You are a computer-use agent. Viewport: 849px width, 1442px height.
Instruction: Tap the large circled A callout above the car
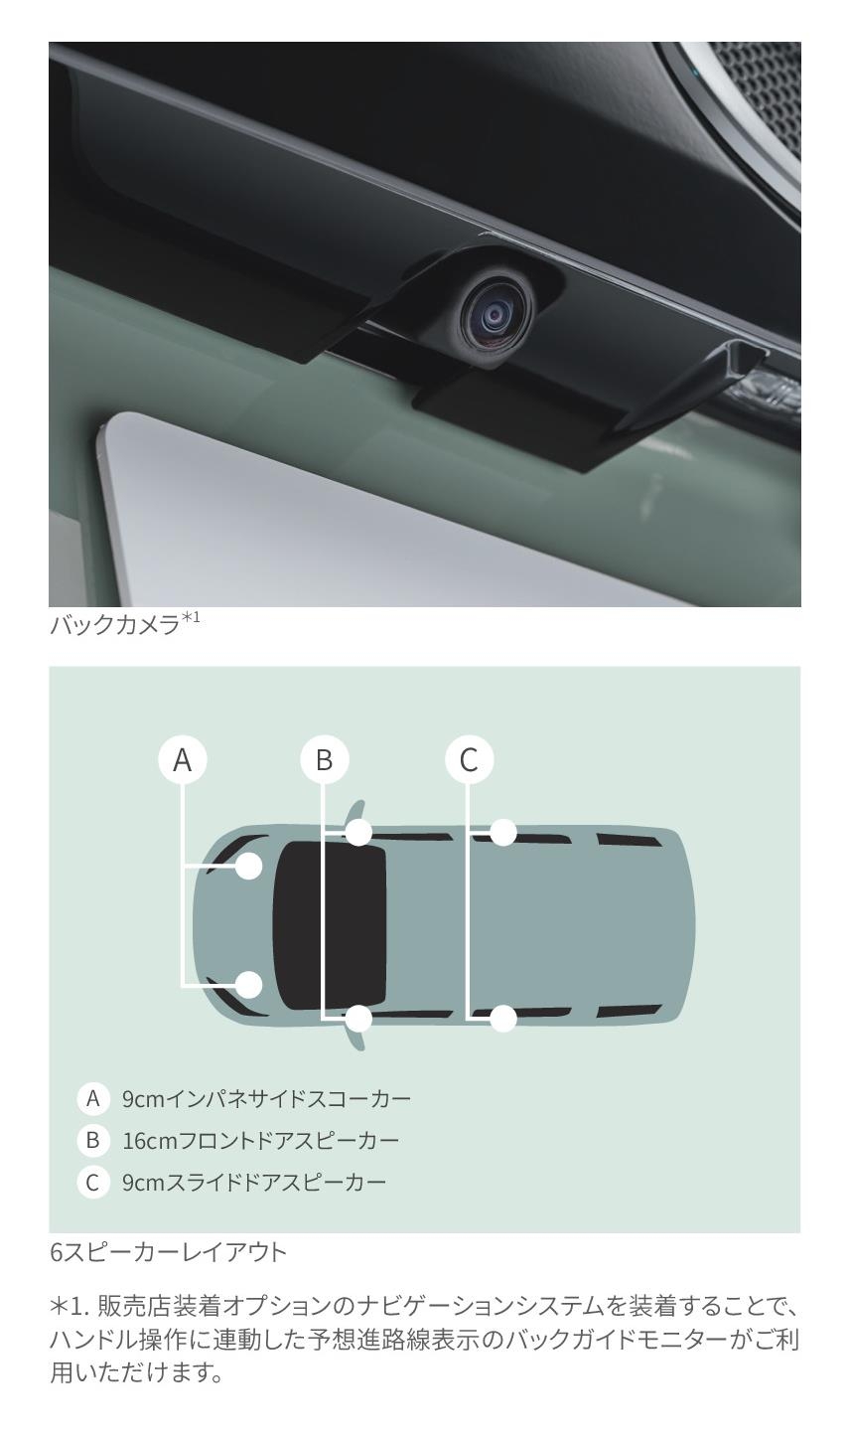pos(183,759)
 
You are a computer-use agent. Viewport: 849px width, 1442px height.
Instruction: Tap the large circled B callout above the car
pos(324,759)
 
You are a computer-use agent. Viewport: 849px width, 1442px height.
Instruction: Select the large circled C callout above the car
pos(469,759)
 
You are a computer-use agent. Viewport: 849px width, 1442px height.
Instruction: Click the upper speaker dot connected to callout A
pos(249,866)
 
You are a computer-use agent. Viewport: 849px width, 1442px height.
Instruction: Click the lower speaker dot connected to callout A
pos(249,985)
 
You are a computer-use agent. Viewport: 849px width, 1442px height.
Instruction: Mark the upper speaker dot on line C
pos(503,833)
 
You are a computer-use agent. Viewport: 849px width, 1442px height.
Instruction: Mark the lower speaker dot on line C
pos(503,1019)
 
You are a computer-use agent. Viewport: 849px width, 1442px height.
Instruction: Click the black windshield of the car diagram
pos(330,925)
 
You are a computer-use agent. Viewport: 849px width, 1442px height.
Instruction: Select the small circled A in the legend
pos(92,1098)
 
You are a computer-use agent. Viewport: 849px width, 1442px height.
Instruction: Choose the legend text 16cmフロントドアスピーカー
pos(260,1140)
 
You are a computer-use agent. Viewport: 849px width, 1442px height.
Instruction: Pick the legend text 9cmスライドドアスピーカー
pos(254,1182)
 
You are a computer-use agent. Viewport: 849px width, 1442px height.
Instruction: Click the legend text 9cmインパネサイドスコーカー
pos(266,1098)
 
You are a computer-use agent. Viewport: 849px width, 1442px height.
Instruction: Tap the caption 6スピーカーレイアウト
pos(168,1252)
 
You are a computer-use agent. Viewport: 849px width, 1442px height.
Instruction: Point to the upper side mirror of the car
pos(356,812)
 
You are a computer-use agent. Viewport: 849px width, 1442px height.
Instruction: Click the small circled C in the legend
pos(92,1182)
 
